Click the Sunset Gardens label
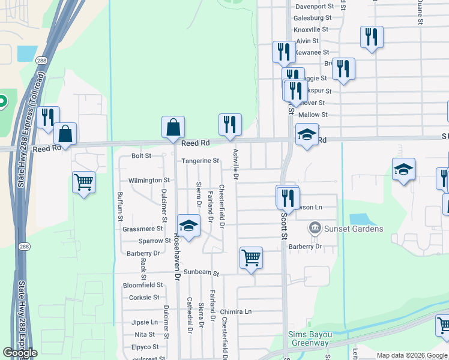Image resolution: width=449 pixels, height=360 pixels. tap(354, 229)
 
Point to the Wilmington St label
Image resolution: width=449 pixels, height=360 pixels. tap(149, 180)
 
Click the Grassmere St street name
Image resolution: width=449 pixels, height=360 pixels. tap(143, 229)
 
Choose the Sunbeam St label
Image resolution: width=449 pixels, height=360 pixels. tap(202, 272)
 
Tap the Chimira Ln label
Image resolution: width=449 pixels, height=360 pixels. tap(236, 311)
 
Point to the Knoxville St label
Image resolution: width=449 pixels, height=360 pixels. tap(311, 29)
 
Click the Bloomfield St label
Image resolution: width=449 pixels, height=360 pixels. tap(143, 285)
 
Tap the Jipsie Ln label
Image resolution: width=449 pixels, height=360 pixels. tap(144, 322)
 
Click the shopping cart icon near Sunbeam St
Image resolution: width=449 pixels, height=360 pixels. tap(251, 258)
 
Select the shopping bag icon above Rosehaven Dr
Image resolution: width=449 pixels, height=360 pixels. tap(173, 127)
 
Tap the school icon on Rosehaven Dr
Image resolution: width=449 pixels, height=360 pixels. tap(188, 226)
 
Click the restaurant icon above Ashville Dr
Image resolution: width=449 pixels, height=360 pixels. tap(230, 125)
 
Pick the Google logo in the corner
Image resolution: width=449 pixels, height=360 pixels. tap(20, 353)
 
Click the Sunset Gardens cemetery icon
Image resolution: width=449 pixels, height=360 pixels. tap(314, 229)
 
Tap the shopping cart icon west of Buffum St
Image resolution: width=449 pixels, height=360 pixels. tap(83, 182)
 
